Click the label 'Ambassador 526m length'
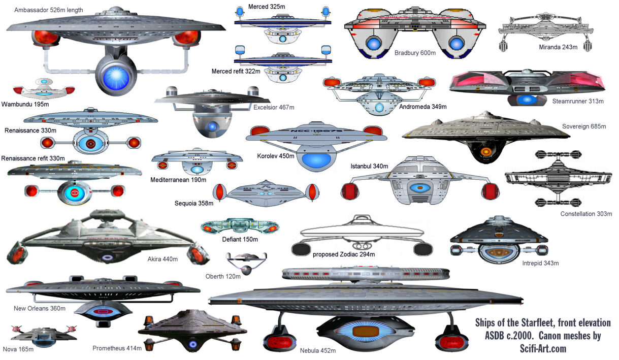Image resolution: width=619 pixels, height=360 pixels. (x=49, y=10)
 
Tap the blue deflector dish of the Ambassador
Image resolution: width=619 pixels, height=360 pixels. (x=116, y=77)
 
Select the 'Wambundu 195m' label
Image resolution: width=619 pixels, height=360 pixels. (x=25, y=104)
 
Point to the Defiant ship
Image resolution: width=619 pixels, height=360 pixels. (x=240, y=226)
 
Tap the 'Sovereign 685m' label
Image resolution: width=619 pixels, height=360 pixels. (x=584, y=126)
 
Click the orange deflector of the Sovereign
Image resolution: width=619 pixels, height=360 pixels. (x=486, y=151)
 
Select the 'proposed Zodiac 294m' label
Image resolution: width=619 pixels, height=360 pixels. (x=344, y=254)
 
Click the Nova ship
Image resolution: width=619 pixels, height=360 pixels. (x=44, y=336)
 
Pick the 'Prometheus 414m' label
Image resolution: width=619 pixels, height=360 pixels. (x=117, y=348)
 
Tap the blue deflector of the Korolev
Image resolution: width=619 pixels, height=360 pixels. (x=316, y=161)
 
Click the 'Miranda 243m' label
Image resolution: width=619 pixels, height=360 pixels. (x=558, y=47)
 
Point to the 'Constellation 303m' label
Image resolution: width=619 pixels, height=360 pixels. (x=586, y=214)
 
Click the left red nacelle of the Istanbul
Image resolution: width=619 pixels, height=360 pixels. (x=350, y=191)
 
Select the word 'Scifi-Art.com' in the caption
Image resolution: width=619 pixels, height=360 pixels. (x=543, y=348)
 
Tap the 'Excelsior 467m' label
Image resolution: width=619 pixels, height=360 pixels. (x=274, y=107)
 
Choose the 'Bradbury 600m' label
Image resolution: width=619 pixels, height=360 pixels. (x=415, y=53)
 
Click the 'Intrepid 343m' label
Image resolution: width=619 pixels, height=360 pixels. (x=540, y=263)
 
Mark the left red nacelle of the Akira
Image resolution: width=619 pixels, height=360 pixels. (x=17, y=253)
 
